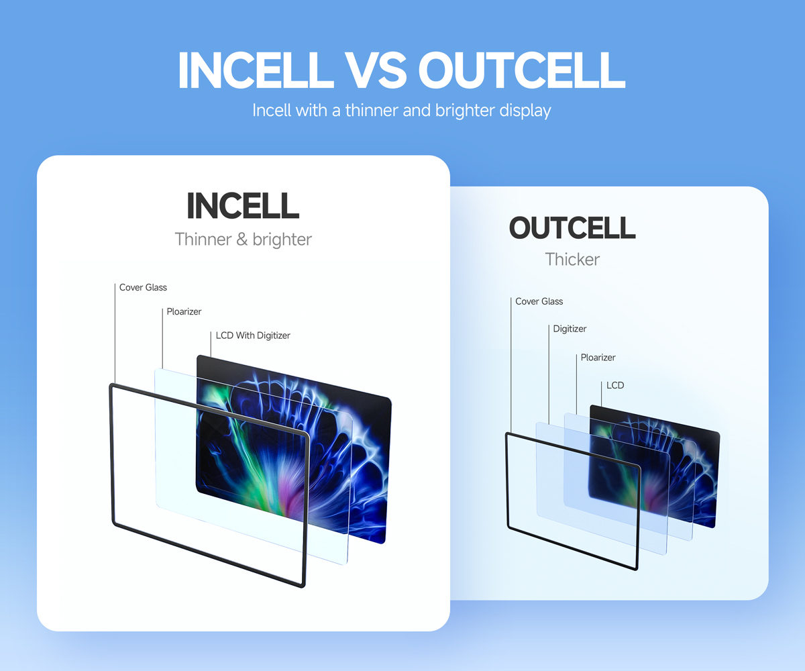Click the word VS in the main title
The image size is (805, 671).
pos(376,70)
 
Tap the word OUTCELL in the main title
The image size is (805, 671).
pos(522,70)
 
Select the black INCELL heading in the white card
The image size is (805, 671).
pos(243,206)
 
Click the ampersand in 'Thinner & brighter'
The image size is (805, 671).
pos(241,240)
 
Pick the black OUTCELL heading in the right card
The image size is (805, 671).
pos(572,227)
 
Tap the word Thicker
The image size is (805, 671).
pos(572,259)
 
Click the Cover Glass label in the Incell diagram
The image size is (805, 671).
pos(143,287)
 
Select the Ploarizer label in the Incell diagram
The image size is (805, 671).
pos(184,311)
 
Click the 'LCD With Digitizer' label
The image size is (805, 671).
pos(253,335)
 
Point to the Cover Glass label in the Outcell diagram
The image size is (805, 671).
pos(539,301)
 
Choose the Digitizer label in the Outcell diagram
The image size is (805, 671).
pos(570,329)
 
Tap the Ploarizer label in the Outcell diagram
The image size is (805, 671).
pos(598,358)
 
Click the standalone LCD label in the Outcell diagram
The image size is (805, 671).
pos(615,385)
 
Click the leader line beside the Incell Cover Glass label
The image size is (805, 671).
pos(115,334)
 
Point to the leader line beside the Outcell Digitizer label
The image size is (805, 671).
pos(549,374)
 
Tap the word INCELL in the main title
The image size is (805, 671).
pos(255,70)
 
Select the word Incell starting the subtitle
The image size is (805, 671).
pos(272,110)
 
